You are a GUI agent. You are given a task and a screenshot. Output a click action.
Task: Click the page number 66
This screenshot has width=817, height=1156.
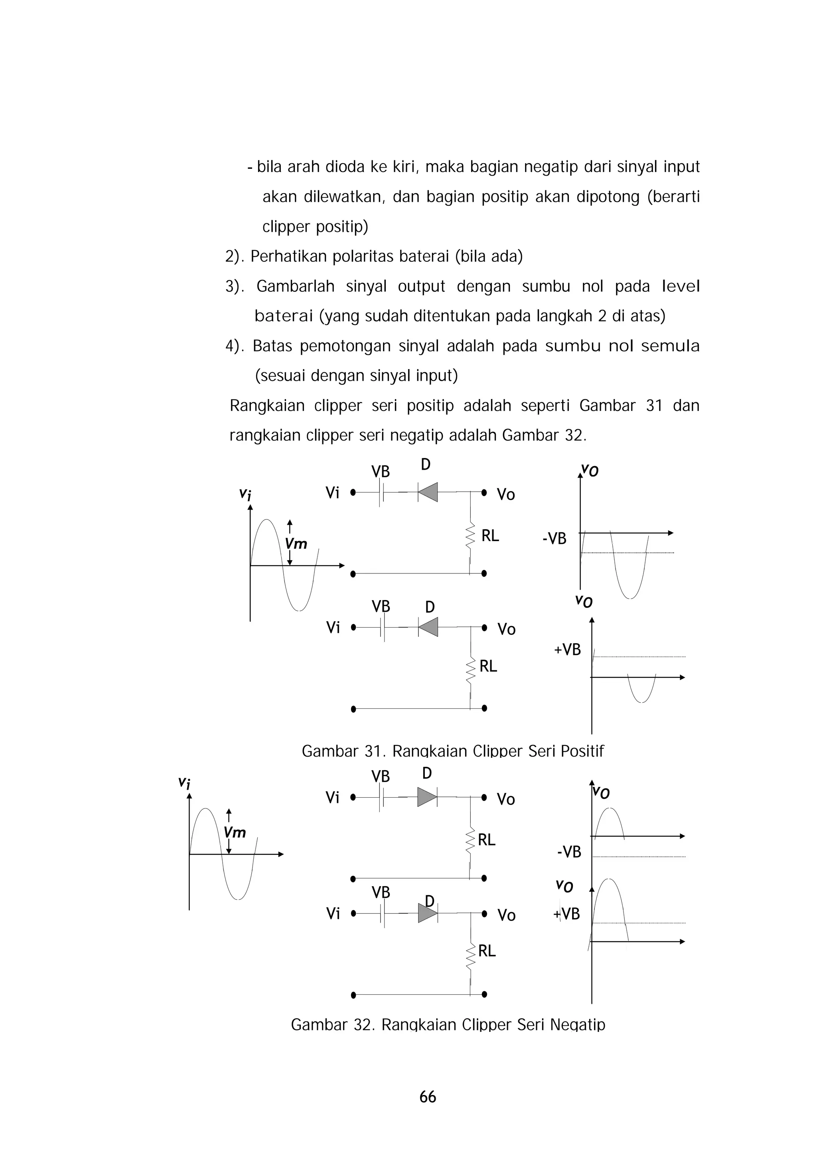(x=427, y=1097)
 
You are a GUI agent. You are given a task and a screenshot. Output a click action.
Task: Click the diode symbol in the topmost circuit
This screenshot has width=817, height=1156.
(x=428, y=492)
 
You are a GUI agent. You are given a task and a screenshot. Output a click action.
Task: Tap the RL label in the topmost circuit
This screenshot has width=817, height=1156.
(x=490, y=536)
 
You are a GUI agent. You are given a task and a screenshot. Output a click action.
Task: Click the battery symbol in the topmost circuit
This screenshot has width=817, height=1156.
(x=382, y=492)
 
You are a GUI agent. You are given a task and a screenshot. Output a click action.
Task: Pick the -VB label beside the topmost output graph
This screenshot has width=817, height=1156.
(x=554, y=539)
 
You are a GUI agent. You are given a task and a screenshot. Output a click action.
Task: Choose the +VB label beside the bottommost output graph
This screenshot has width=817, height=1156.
(x=567, y=913)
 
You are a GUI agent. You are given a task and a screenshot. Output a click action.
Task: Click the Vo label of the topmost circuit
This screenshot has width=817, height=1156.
(x=505, y=494)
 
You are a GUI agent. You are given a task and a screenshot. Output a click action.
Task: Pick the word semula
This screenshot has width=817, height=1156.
(x=670, y=346)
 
